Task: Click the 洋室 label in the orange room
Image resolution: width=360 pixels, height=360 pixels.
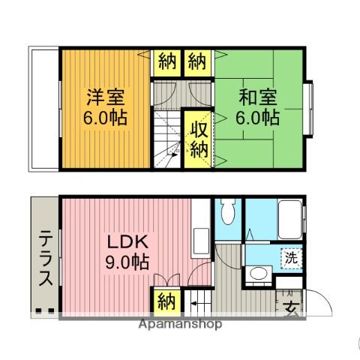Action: pyautogui.click(x=105, y=98)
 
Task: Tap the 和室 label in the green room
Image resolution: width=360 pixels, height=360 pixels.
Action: pyautogui.click(x=258, y=98)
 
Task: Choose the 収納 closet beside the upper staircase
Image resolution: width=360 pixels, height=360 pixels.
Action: pyautogui.click(x=198, y=139)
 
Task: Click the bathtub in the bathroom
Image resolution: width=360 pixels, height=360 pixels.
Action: pyautogui.click(x=288, y=218)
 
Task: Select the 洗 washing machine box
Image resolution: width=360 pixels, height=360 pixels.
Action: pyautogui.click(x=290, y=256)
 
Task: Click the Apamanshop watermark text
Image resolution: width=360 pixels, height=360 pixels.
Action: pyautogui.click(x=180, y=325)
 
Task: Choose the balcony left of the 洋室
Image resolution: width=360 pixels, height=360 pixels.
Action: pyautogui.click(x=43, y=109)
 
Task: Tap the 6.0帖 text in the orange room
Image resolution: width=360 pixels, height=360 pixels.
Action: pyautogui.click(x=105, y=118)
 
